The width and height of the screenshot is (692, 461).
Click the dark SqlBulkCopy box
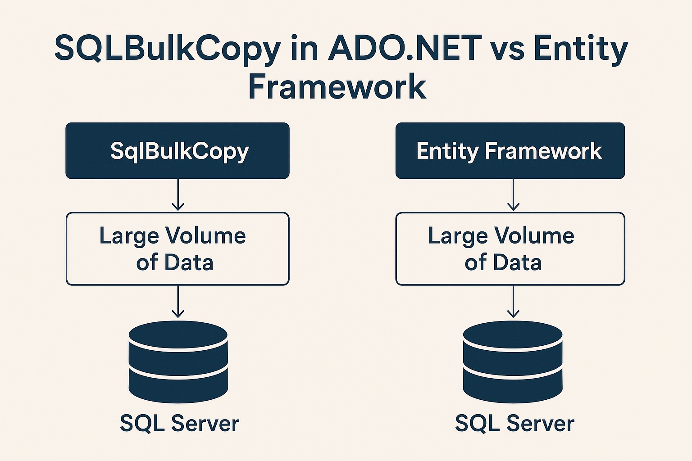tap(178, 151)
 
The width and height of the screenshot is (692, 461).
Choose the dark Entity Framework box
tap(510, 151)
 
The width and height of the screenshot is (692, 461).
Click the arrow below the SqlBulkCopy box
tap(178, 195)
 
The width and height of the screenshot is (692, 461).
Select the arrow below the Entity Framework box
tap(513, 195)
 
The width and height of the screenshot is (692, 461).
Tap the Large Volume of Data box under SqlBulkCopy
tap(178, 249)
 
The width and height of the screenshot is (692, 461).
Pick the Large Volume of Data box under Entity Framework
tap(510, 249)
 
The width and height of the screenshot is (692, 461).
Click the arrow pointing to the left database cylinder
tap(178, 302)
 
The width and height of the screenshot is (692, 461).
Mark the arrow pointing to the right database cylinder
tap(513, 302)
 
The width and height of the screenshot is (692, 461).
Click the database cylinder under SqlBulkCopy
tap(178, 362)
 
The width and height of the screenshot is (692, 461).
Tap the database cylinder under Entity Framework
tap(513, 362)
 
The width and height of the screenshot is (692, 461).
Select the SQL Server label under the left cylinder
tap(179, 423)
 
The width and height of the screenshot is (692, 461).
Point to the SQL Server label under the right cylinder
tap(514, 423)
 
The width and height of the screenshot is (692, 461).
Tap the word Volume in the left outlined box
tap(205, 235)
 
